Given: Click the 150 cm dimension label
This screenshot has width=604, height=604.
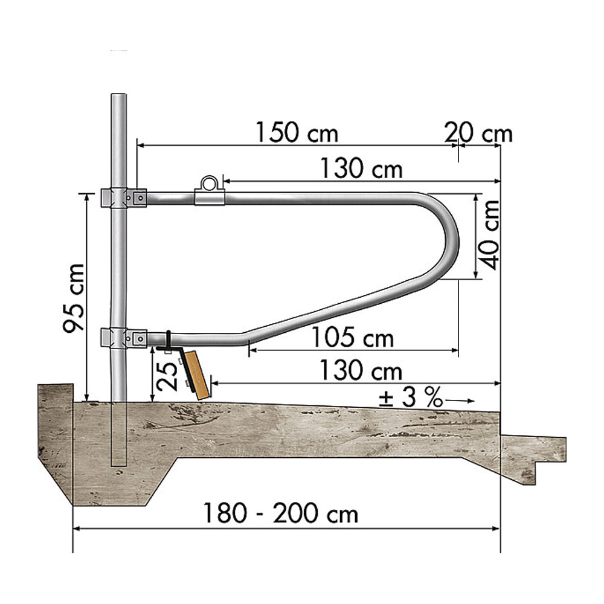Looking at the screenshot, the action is pos(297,132).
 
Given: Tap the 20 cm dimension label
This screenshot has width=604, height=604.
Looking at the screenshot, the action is pos(478,133).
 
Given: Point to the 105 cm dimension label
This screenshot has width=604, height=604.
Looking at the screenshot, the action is pos(352,337).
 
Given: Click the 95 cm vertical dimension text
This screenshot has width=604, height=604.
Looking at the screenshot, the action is pos(74,298).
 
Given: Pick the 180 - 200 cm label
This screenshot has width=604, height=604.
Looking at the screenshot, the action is pos(280,513).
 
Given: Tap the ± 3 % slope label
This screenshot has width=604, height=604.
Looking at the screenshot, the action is pos(411,397).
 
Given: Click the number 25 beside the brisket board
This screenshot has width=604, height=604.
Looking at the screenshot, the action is pos(167,375).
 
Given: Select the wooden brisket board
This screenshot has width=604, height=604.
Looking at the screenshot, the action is pos(198,375).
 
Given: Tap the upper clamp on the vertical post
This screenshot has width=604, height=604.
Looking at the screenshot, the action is pos(123,198).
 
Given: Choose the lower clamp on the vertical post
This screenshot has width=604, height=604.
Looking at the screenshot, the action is pos(123,338).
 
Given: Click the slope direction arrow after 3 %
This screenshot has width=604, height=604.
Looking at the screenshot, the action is pos(459,401).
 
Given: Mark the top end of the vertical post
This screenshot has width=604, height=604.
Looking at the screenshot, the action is pos(118,94).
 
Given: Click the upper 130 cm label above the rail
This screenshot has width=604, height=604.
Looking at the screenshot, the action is pos(361,169).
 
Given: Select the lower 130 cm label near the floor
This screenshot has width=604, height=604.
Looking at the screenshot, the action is pos(361,370).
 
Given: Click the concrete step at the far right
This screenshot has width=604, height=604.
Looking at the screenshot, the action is pos(533,458).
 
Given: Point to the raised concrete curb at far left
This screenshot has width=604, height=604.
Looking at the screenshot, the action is pos(56,424).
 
